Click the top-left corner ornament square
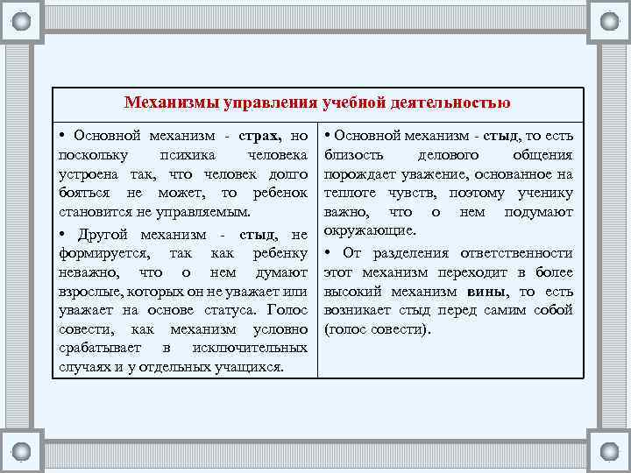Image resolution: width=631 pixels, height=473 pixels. click(x=21, y=21)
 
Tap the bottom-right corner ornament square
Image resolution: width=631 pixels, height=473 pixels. click(x=608, y=451)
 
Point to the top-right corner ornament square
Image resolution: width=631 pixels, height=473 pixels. click(x=608, y=21)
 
